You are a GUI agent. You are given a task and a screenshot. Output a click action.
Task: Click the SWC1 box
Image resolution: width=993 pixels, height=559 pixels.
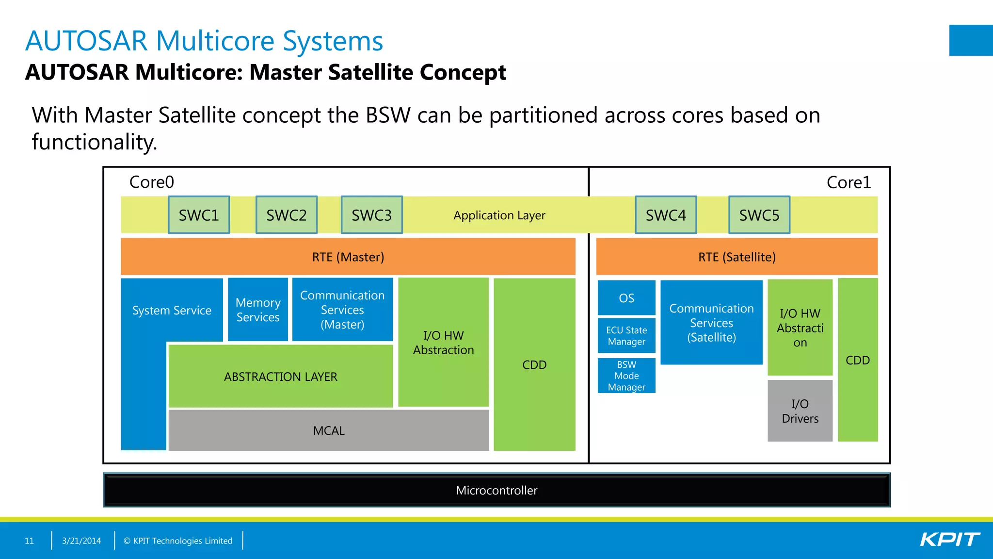[x=199, y=215]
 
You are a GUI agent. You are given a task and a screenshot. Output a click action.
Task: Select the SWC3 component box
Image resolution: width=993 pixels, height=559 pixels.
[x=371, y=215]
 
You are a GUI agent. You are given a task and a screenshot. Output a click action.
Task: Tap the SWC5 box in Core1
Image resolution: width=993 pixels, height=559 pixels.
[x=759, y=215]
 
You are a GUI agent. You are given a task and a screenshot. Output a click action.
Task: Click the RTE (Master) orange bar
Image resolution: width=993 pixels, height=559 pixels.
[x=348, y=257]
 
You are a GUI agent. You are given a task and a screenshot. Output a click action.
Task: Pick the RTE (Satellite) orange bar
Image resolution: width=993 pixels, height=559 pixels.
[x=737, y=257]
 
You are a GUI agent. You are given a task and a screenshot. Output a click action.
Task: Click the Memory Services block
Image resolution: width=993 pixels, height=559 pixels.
[x=258, y=310]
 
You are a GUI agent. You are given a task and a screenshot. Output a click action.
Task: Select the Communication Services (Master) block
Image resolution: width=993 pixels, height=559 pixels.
[x=342, y=310]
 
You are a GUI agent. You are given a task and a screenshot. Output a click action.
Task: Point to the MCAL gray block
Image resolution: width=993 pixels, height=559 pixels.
[x=329, y=430]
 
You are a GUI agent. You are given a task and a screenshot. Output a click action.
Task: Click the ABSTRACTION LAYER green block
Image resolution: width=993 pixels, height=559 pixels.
[x=280, y=377]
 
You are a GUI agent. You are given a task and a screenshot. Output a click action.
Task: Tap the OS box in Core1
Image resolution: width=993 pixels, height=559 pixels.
[x=626, y=298]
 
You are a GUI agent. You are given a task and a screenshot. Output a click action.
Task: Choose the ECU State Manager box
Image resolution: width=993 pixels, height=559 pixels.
[x=626, y=336]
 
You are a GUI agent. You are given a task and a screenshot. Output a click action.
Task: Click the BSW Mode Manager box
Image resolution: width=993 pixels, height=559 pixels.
[x=626, y=376]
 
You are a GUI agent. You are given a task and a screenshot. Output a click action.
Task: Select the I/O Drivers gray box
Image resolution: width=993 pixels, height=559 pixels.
[x=800, y=411]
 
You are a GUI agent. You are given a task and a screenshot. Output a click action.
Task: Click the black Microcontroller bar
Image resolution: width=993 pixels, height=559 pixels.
[x=496, y=490]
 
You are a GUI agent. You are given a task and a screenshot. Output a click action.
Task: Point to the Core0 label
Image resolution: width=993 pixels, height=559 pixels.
[x=151, y=182]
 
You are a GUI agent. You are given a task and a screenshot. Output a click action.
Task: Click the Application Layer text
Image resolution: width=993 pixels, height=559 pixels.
[x=499, y=215]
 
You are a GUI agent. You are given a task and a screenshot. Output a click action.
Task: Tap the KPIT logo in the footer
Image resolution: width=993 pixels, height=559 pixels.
[x=949, y=540]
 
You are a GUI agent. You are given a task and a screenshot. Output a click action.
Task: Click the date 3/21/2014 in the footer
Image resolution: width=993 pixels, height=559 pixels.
[x=81, y=541]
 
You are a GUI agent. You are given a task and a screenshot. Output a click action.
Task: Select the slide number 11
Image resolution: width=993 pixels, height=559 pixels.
[x=29, y=541]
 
